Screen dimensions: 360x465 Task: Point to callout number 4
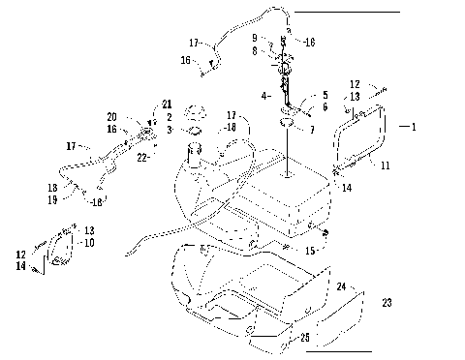click(x=264, y=97)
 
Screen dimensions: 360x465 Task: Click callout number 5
click(x=325, y=97)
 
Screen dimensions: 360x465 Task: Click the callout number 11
click(x=385, y=165)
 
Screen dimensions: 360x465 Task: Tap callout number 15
click(x=310, y=251)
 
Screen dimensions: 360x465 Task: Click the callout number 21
click(x=167, y=105)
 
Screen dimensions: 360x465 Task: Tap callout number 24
click(x=341, y=286)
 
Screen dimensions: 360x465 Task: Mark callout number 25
click(x=305, y=337)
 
